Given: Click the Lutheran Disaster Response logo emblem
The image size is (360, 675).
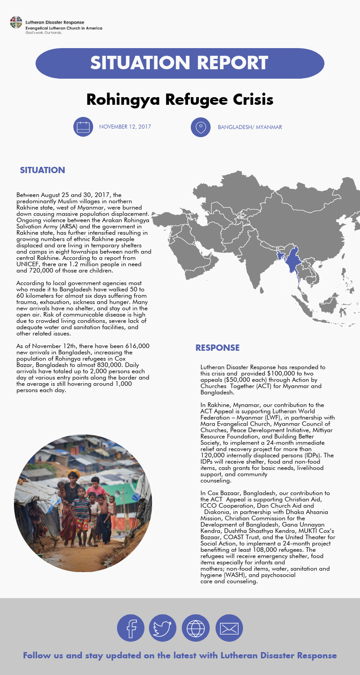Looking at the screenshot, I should click(16, 22).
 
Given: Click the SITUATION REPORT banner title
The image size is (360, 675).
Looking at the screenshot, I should click(179, 63).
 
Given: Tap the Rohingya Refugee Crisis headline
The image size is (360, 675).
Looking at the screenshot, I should click(180, 99).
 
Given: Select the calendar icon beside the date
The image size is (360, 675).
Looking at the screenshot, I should click(83, 127).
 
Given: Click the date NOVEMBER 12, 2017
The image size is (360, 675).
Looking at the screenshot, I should click(125, 127).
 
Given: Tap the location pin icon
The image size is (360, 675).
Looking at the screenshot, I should click(200, 127).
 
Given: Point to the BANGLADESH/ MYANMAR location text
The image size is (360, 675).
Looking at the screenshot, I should click(250, 127).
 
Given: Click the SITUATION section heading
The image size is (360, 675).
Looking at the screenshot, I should click(42, 170).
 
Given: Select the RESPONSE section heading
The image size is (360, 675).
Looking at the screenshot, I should click(217, 348).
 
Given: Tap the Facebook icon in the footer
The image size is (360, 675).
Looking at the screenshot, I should click(131, 628).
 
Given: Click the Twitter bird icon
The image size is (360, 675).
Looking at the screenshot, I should click(162, 628).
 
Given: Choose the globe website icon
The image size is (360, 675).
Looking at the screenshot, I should click(195, 628).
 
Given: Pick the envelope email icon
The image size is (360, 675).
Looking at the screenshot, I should click(229, 628).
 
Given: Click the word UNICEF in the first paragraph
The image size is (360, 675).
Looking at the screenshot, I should click(29, 264).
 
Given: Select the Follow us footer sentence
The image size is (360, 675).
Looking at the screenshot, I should click(180, 656).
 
